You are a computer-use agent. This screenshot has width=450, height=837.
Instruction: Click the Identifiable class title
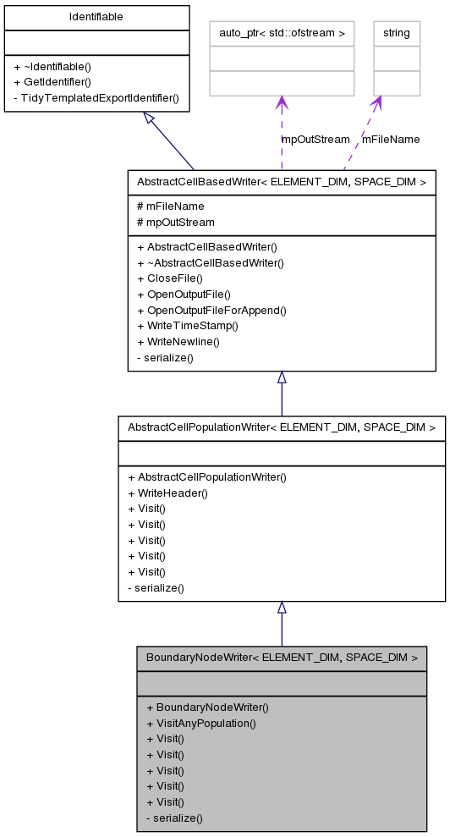pos(96,17)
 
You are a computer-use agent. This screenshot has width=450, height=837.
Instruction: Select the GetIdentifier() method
pos(58,82)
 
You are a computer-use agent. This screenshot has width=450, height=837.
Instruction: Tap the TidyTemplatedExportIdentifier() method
pos(96,97)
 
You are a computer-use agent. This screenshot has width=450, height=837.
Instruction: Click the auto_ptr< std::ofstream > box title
pos(282,33)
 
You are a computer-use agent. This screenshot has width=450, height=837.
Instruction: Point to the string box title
pos(396,33)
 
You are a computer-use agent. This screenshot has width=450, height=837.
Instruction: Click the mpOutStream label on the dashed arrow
pos(316,139)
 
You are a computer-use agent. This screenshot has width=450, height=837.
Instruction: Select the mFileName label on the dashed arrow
pos(391,139)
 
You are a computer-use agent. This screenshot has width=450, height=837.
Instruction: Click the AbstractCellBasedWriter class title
pos(281,182)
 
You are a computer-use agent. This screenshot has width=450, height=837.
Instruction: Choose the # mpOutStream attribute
pos(175,222)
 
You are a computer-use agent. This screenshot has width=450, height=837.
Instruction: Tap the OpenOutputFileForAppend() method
pos(211,310)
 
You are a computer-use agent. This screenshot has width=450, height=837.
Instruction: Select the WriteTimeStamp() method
pos(188,326)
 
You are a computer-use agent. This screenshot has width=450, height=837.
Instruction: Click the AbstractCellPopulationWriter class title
pos(281,427)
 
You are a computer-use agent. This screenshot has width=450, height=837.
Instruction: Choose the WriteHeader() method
pos(167,493)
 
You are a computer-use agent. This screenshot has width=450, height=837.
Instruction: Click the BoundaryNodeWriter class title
pos(282,658)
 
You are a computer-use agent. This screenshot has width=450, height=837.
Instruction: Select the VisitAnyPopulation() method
pos(200,723)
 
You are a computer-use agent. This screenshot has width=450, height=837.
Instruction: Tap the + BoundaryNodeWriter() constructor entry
pos(206,707)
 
